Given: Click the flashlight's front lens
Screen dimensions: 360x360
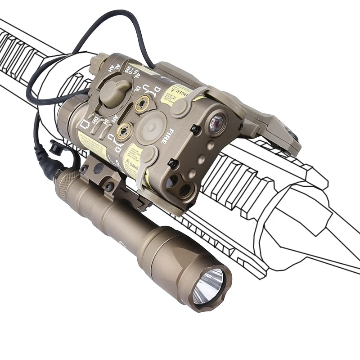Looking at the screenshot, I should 208,286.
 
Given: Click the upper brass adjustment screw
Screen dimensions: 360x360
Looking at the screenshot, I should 143,103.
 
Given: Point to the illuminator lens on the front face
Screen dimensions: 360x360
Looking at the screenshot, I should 217,121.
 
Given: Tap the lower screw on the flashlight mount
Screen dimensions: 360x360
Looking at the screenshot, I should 108,185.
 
